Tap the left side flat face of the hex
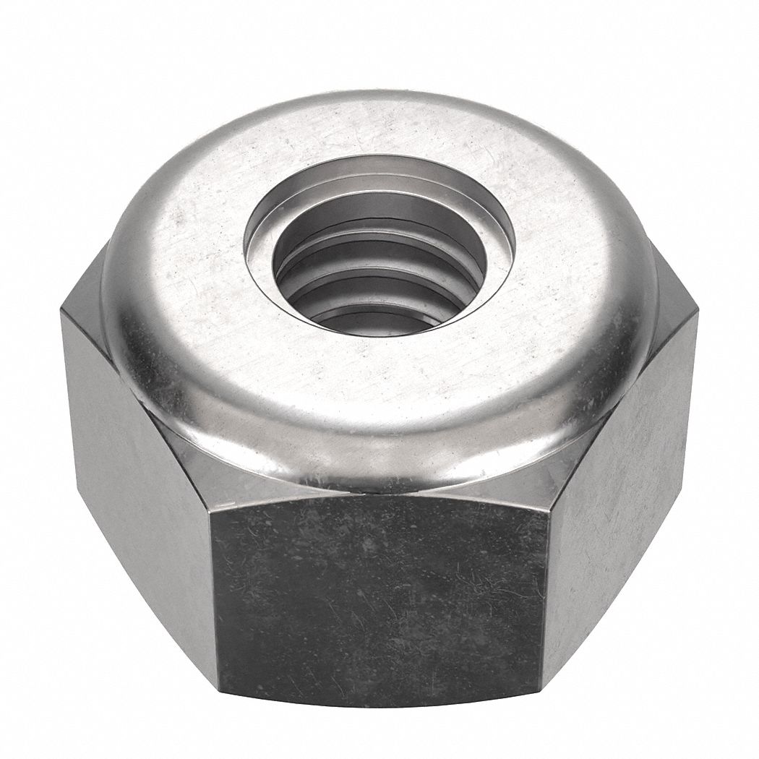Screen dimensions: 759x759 (x=137, y=506)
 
